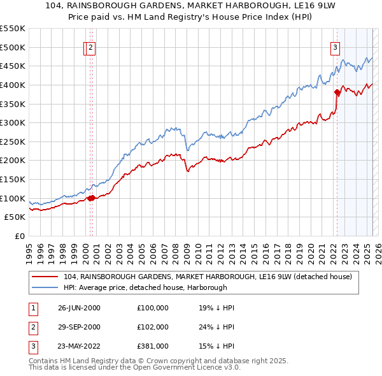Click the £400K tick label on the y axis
coord(13,85)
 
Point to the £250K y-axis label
coord(13,141)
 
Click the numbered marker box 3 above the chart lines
coord(335,46)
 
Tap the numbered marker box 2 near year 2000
coord(91,46)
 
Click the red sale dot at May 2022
coord(337,92)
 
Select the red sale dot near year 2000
coord(91,198)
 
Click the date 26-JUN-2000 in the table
coord(79,308)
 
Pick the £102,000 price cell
coord(153,327)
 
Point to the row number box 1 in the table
coord(31,308)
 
